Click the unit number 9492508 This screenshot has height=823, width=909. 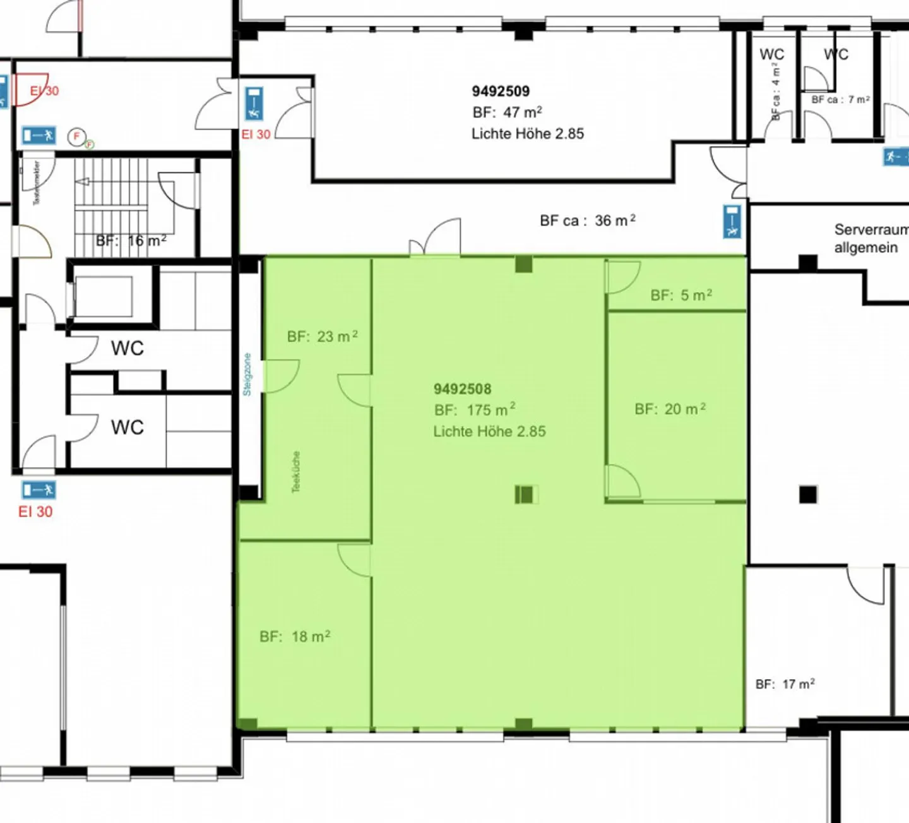[462, 389]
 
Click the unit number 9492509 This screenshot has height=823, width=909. [501, 92]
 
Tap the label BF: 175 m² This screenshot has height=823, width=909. [475, 410]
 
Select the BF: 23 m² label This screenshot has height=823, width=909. [323, 336]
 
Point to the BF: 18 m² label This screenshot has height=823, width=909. [295, 637]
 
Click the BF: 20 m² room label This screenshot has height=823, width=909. [670, 409]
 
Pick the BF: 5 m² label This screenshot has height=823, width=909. [681, 295]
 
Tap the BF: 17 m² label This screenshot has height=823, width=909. [785, 684]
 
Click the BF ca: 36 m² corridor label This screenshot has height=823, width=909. [588, 220]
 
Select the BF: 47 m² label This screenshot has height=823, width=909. [507, 112]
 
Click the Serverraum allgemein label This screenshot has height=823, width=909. [870, 238]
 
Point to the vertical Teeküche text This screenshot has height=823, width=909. [296, 472]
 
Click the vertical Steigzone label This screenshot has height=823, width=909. [247, 375]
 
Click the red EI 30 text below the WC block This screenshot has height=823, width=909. [35, 512]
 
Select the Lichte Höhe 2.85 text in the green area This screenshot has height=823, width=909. [489, 431]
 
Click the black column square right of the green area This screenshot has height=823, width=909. [808, 494]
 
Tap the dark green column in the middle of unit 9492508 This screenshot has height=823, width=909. [525, 494]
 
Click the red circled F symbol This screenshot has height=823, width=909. [77, 136]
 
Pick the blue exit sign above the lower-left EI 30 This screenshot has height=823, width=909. [39, 490]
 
